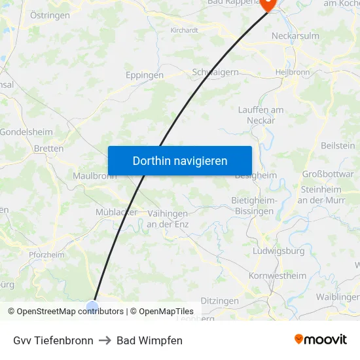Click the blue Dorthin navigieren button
coord(179,160)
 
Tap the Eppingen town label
coord(145,75)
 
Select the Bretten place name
coord(49,149)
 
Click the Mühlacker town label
coord(117,212)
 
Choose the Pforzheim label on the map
coord(46,255)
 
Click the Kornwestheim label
coord(278,276)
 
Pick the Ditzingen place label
coord(219,300)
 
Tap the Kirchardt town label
coord(184,30)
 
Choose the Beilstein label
coord(338,145)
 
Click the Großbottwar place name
coord(327,174)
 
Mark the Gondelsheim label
coord(26,132)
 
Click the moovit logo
coord(321,339)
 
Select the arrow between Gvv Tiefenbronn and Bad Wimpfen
coord(105,340)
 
